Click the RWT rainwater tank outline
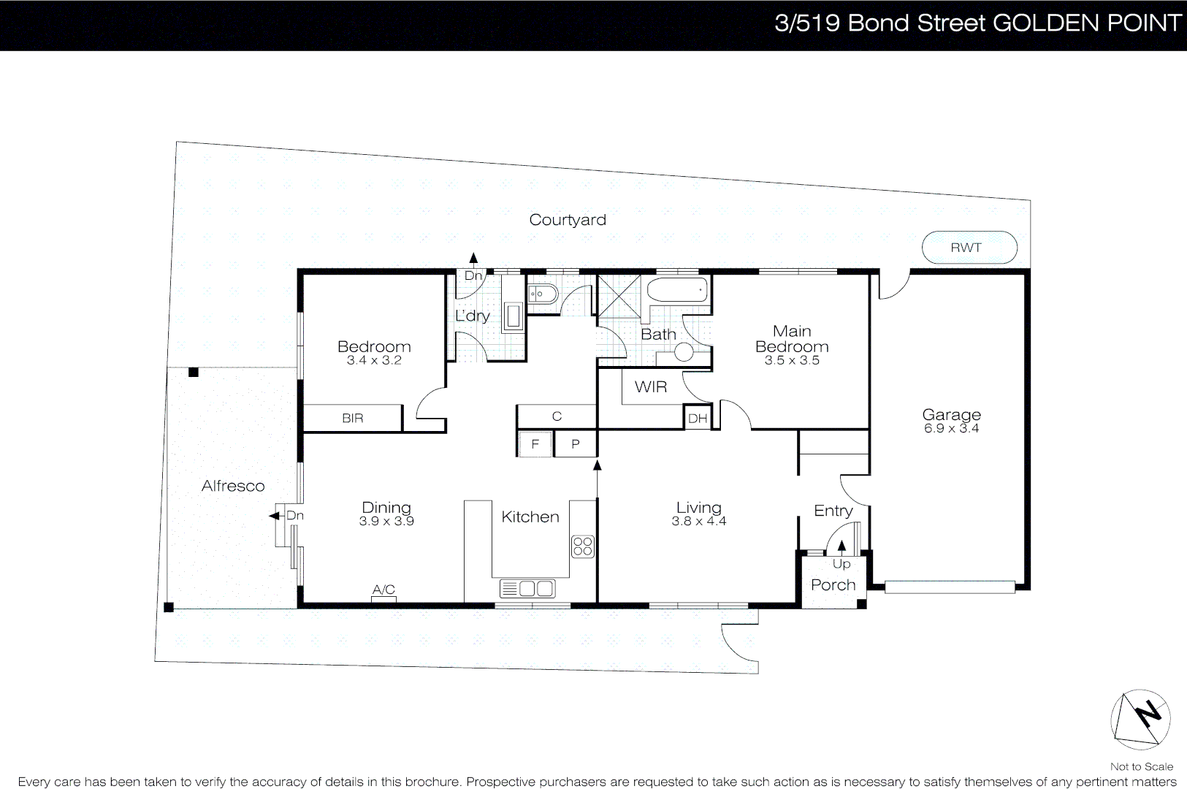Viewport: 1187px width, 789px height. [969, 248]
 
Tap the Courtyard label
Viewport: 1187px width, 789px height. [567, 220]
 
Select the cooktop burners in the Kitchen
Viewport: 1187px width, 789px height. [583, 546]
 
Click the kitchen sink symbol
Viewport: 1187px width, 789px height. [527, 588]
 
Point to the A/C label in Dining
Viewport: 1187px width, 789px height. [383, 590]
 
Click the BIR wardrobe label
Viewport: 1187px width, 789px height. [352, 419]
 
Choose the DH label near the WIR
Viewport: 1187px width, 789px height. [698, 419]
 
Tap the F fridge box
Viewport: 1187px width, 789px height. [535, 444]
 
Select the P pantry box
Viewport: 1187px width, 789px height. [576, 444]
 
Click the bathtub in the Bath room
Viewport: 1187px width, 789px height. [677, 289]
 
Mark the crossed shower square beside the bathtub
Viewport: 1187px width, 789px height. [619, 297]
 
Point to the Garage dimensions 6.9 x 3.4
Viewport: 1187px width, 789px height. [951, 429]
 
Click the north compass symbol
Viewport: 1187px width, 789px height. [1140, 720]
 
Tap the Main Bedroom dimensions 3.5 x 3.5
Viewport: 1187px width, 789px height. [792, 360]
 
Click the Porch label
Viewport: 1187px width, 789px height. [833, 585]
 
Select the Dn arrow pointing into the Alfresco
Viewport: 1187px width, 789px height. [275, 516]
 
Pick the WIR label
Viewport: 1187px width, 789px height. [650, 387]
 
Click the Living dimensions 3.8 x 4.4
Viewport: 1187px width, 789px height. [698, 521]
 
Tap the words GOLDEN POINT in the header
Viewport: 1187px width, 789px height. [1087, 23]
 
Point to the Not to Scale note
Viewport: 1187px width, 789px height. [1141, 766]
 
